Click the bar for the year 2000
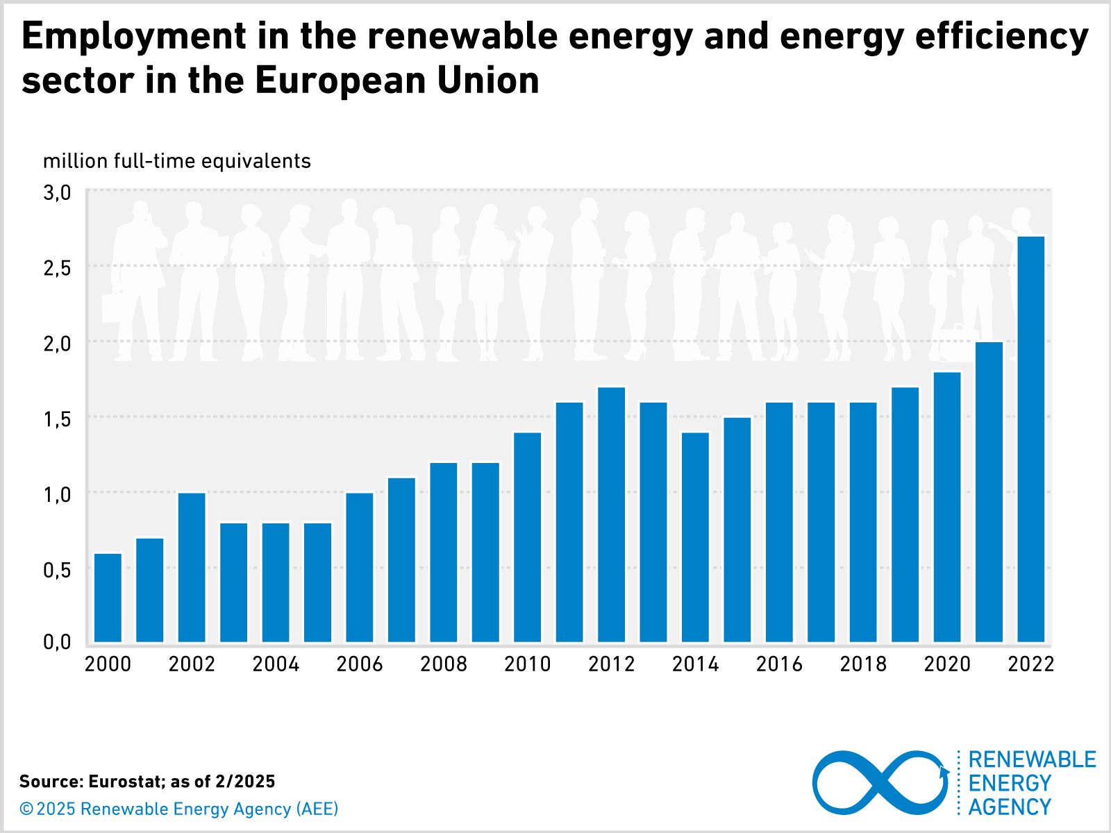coord(108,597)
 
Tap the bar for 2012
coord(611,514)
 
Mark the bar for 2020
coord(947,507)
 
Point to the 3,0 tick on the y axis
coord(57,192)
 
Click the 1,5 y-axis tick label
coord(57,419)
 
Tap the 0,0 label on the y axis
coord(57,642)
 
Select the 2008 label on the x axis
coord(444,664)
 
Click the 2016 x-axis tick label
coord(779,664)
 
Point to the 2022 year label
coord(1030,664)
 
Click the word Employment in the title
coord(134,36)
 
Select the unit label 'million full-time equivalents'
coord(177,161)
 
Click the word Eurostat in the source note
coord(127,782)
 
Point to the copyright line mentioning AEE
coord(179,809)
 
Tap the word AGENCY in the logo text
coord(1010,807)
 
